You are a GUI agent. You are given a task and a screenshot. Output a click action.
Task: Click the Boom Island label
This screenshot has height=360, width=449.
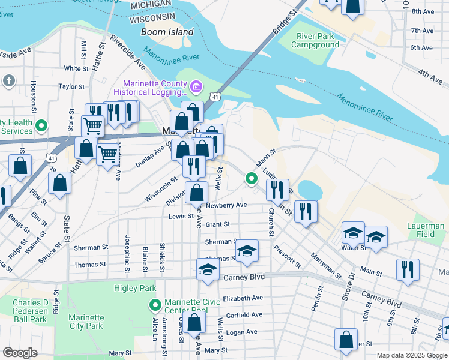pos(167,32)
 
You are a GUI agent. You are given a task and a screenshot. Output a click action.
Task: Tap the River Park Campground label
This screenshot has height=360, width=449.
pos(317,40)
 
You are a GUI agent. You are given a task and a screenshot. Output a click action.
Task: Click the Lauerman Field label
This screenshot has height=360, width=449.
pos(429,230)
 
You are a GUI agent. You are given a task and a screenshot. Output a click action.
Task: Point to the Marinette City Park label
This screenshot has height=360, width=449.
pos(86,322)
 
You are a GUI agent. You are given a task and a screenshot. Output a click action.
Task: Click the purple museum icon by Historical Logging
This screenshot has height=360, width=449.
pos(196,88)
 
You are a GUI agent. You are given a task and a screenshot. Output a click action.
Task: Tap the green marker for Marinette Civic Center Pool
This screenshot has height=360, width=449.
pos(155,305)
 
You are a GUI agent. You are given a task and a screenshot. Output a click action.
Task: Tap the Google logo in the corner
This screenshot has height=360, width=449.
pos(20,353)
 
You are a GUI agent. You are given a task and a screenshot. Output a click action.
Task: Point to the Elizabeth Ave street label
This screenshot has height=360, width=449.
pos(243,298)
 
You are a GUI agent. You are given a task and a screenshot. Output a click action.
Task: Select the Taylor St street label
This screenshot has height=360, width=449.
pos(71,86)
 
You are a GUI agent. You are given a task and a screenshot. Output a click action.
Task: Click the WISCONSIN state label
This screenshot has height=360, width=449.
pos(152,17)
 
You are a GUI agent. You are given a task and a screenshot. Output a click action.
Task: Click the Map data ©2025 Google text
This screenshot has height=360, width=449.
pos(412,355)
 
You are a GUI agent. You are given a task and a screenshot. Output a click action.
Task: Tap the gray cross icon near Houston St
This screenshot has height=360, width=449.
pos(8,80)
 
